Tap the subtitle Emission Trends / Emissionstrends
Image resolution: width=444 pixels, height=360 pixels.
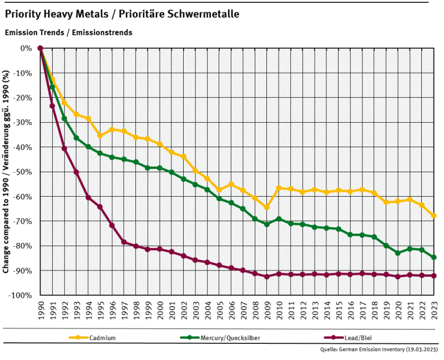click(x=68, y=32)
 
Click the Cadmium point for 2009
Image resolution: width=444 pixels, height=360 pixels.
click(x=267, y=207)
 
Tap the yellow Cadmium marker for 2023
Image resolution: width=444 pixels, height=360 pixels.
click(x=434, y=216)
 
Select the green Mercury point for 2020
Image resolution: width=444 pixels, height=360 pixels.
click(x=398, y=253)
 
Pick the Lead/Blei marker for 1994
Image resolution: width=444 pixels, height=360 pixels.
click(x=88, y=197)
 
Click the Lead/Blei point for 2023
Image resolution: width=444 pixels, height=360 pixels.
click(x=434, y=276)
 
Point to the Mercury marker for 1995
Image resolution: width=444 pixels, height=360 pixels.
click(x=100, y=153)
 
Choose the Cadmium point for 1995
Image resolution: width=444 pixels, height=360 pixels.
click(x=100, y=136)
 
